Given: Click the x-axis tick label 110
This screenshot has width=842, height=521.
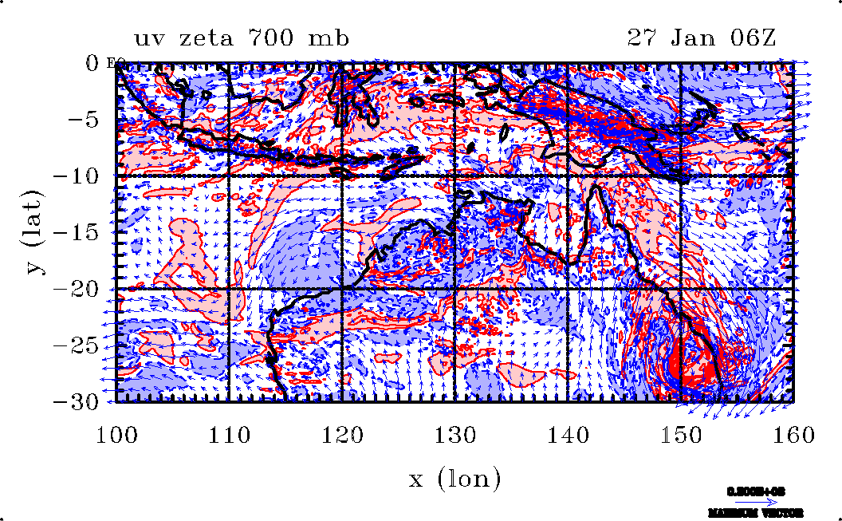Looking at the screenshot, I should pyautogui.click(x=229, y=435).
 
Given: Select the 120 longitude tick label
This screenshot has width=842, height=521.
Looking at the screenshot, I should pyautogui.click(x=342, y=435).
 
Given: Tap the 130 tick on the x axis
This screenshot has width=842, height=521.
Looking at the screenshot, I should pyautogui.click(x=454, y=435).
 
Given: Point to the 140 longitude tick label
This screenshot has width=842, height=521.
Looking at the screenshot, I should pyautogui.click(x=567, y=435).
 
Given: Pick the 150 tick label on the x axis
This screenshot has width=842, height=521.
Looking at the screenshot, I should pyautogui.click(x=680, y=435).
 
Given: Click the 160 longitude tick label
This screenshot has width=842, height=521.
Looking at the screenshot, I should pyautogui.click(x=793, y=435).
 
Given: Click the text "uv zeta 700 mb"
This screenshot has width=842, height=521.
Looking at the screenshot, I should pyautogui.click(x=242, y=38).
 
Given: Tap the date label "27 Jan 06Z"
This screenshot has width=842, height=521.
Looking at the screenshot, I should pyautogui.click(x=702, y=38).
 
